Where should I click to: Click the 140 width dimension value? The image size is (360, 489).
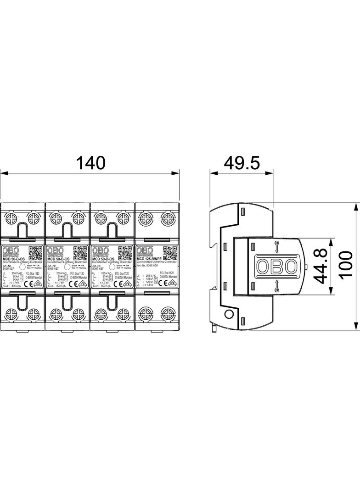(x=90, y=162)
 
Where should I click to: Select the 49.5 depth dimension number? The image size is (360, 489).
(x=242, y=162)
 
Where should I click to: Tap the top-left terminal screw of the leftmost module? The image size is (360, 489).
(x=12, y=217)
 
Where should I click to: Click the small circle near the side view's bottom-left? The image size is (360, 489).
(x=228, y=314)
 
